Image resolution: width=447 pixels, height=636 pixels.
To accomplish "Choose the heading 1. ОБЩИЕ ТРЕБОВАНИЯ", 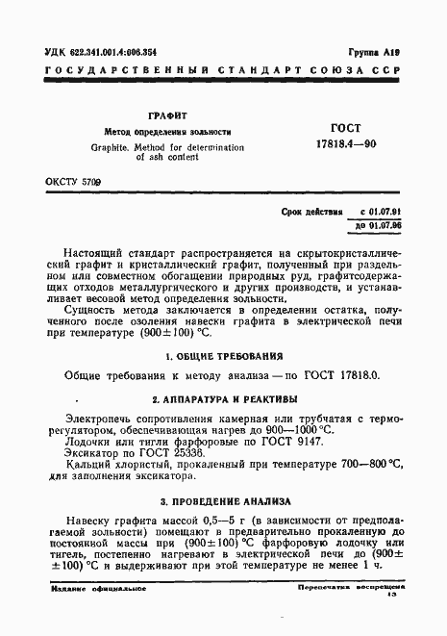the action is click(223, 355).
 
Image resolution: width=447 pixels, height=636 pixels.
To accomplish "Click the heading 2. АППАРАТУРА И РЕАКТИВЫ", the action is click(223, 396).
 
